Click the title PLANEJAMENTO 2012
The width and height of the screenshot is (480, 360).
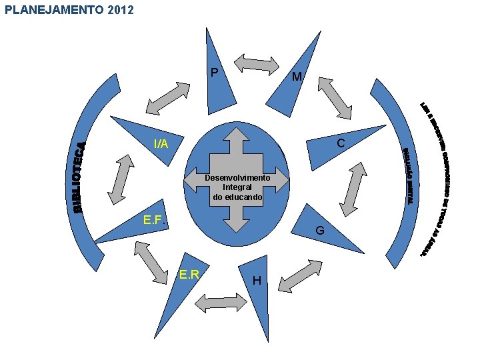pyautogui.click(x=69, y=10)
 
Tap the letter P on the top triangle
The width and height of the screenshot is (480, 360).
pyautogui.click(x=214, y=72)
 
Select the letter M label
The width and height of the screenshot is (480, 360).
pyautogui.click(x=297, y=77)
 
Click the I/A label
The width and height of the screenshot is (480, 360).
pyautogui.click(x=161, y=143)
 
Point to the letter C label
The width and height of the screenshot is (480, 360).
pyautogui.click(x=341, y=143)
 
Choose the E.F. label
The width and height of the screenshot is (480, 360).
pyautogui.click(x=156, y=220)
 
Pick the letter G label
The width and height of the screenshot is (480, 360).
pyautogui.click(x=320, y=231)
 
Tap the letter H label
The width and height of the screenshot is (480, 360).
pyautogui.click(x=257, y=281)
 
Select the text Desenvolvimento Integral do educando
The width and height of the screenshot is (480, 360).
pyautogui.click(x=237, y=187)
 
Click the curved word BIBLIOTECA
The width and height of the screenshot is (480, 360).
pyautogui.click(x=79, y=177)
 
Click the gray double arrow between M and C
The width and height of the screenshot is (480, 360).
pyautogui.click(x=334, y=98)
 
